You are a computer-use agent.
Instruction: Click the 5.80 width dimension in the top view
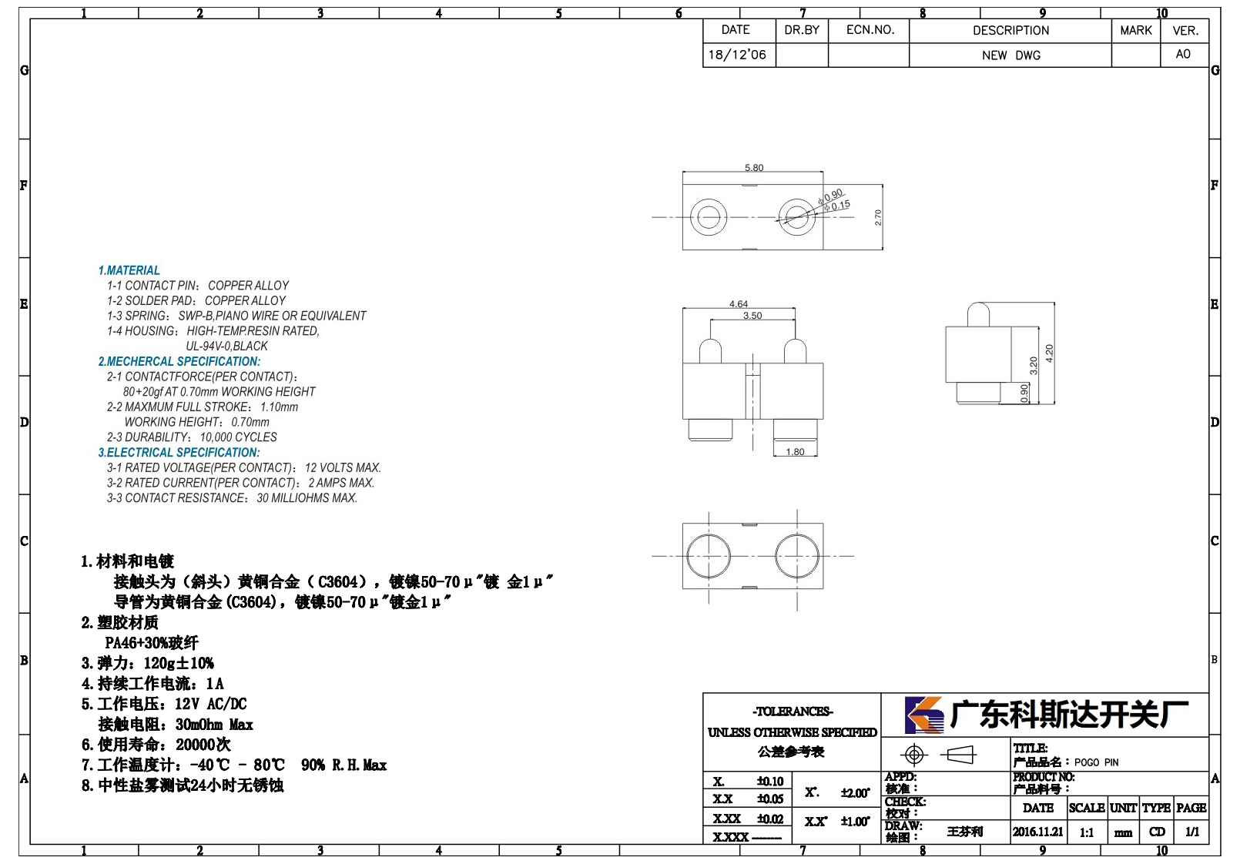coord(754,168)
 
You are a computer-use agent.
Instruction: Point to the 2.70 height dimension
coord(878,217)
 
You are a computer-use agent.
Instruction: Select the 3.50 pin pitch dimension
coord(752,316)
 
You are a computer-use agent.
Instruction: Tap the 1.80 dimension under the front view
coord(796,452)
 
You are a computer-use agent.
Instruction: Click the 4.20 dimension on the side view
coord(1050,353)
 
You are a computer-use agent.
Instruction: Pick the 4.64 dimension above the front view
coord(739,304)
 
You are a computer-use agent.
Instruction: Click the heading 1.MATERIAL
coord(129,270)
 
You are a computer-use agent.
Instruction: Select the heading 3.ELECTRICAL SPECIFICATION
coord(179,452)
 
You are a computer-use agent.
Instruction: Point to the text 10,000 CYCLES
coord(239,437)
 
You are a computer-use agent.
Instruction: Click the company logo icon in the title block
coord(924,715)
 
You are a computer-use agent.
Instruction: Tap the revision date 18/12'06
coord(737,55)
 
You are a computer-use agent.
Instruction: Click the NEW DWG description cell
coord(1010,55)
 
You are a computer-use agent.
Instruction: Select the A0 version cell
coord(1184,54)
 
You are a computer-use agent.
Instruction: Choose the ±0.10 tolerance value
coord(770,781)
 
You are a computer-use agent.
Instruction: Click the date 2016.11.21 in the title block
coord(1038,832)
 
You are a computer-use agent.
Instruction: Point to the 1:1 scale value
coord(1087,832)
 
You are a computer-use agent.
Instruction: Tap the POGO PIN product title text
coord(1096,762)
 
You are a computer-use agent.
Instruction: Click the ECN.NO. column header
coord(870,30)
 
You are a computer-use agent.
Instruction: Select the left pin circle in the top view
coord(709,217)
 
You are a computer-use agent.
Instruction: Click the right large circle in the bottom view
coord(797,556)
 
